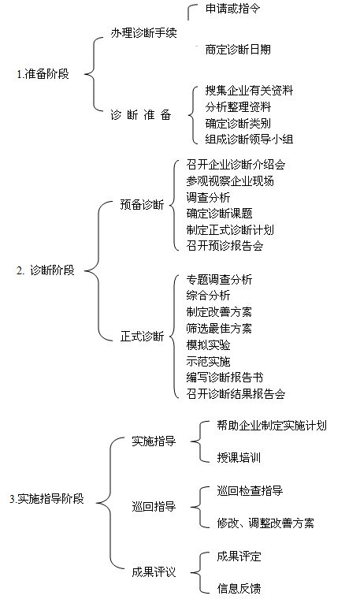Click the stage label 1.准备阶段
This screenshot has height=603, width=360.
(43, 74)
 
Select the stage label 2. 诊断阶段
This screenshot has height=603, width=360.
(46, 270)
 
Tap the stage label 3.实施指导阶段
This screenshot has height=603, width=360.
(46, 499)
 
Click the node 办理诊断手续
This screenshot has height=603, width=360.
(143, 33)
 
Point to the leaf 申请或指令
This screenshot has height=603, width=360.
(233, 9)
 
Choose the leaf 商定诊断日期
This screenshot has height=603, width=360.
(238, 49)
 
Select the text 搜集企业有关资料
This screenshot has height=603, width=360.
(250, 91)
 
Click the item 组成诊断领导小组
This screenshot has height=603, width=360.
(250, 139)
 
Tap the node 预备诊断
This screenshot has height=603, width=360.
(142, 205)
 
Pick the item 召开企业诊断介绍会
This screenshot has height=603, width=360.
(236, 165)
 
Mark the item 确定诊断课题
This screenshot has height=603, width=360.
(219, 213)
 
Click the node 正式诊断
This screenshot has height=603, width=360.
(142, 337)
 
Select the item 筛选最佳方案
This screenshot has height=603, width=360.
(219, 329)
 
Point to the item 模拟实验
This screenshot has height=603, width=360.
(208, 345)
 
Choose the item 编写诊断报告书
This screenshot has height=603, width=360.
(225, 378)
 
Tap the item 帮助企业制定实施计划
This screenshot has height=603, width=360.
(272, 425)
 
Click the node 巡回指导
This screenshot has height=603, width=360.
(154, 507)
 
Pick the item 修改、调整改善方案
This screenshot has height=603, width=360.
(265, 523)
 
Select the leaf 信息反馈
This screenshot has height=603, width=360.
(239, 588)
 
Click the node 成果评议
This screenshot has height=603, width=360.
(154, 571)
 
